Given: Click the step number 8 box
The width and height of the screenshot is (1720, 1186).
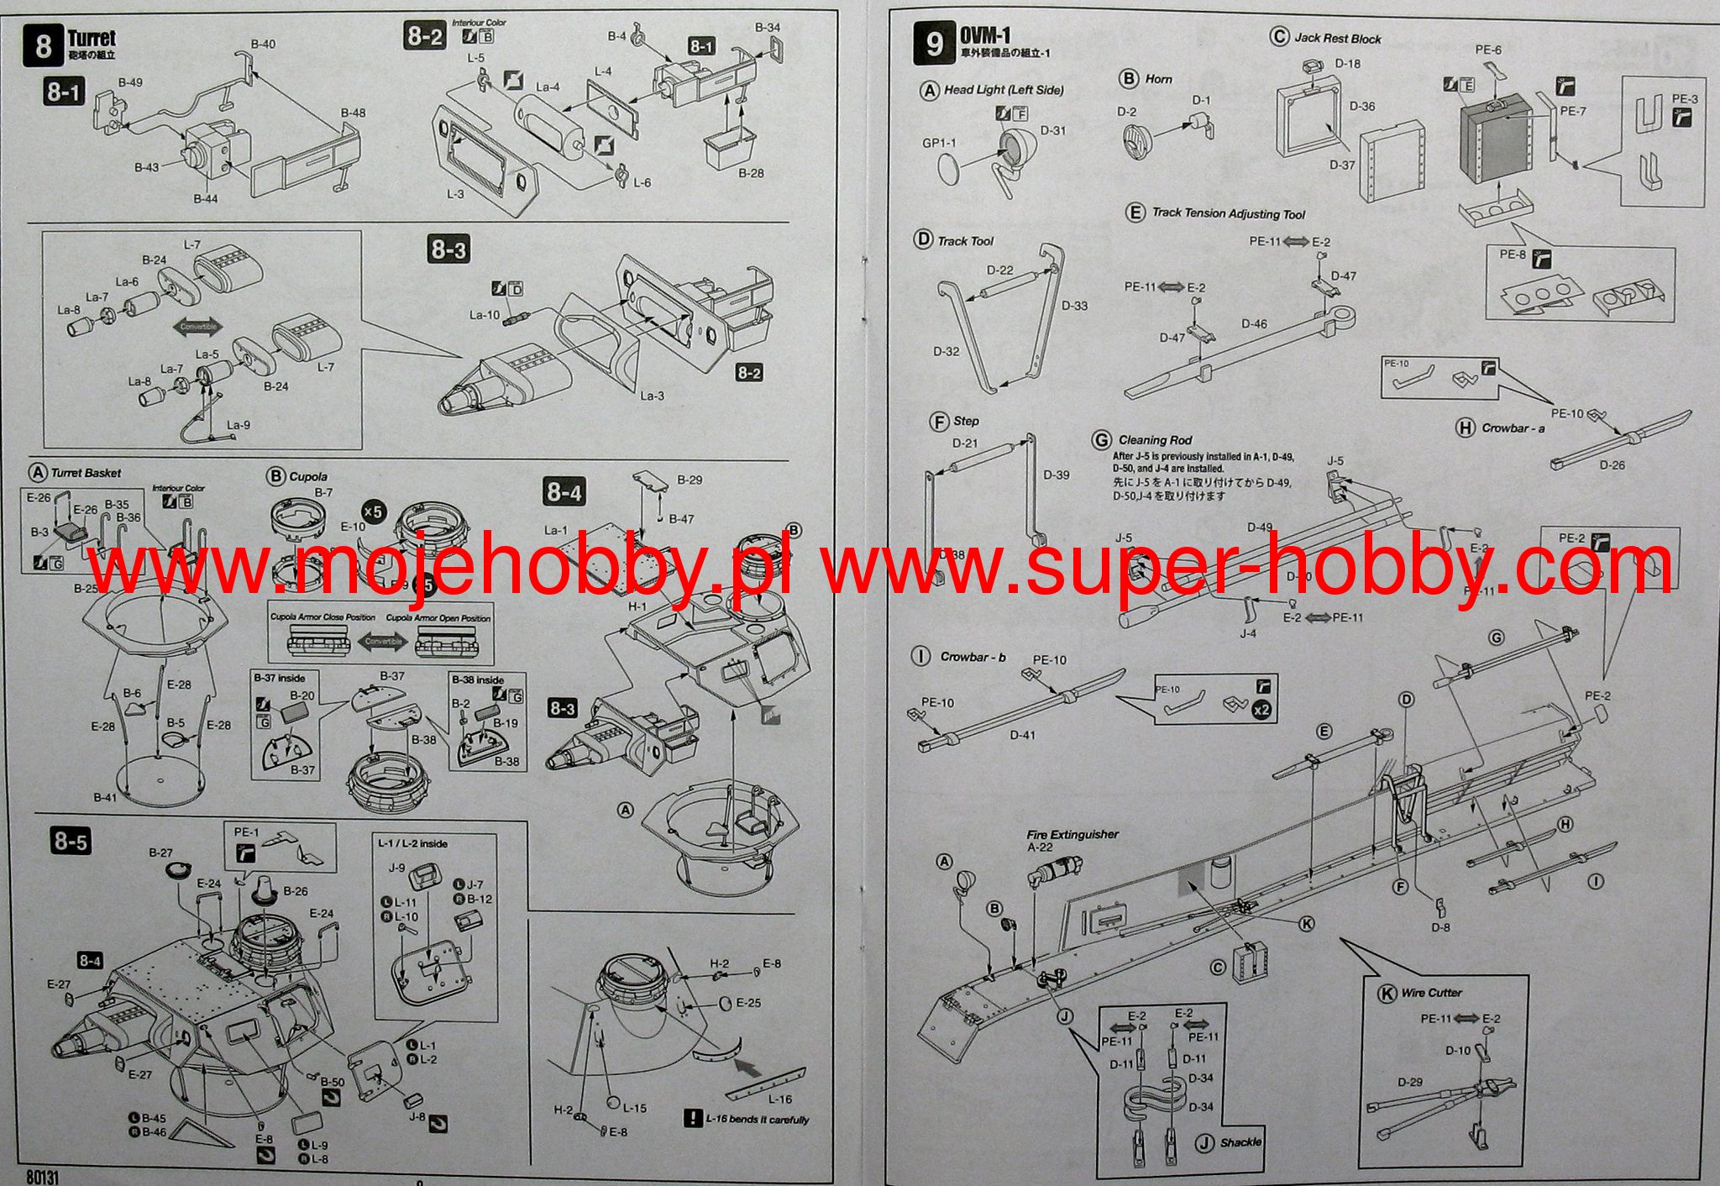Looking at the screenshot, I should point(43,45).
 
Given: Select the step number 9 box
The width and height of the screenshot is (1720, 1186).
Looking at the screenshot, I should point(934,44).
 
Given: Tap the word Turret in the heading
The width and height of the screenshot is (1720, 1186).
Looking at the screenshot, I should point(92,38).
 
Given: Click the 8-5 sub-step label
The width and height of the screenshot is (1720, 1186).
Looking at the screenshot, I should point(71,841).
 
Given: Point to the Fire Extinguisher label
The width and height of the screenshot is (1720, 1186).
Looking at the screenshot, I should point(1072,834).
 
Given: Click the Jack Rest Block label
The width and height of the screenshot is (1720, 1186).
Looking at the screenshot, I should point(1337,38).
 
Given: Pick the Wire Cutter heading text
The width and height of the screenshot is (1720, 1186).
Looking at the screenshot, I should point(1431,992).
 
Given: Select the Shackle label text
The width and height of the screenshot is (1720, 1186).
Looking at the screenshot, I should point(1240,1142).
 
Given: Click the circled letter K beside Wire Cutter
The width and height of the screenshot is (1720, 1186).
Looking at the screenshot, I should point(1387,993).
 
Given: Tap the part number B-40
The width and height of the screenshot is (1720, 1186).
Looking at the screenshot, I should point(263,44).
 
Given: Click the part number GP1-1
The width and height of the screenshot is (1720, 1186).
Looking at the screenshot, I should point(939,143).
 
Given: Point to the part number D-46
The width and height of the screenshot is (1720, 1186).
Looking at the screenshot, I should point(1254,323).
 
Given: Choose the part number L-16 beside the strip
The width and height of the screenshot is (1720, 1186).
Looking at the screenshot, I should point(779,1099).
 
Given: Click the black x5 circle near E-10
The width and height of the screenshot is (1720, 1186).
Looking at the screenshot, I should point(373,512).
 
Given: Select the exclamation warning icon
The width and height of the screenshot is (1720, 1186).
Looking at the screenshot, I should point(692,1119).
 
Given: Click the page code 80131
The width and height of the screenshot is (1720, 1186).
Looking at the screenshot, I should point(43,1177).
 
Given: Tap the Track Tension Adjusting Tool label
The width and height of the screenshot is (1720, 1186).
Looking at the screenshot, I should point(1228,213).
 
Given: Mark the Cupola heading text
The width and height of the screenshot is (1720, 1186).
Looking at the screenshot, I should point(308,476).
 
